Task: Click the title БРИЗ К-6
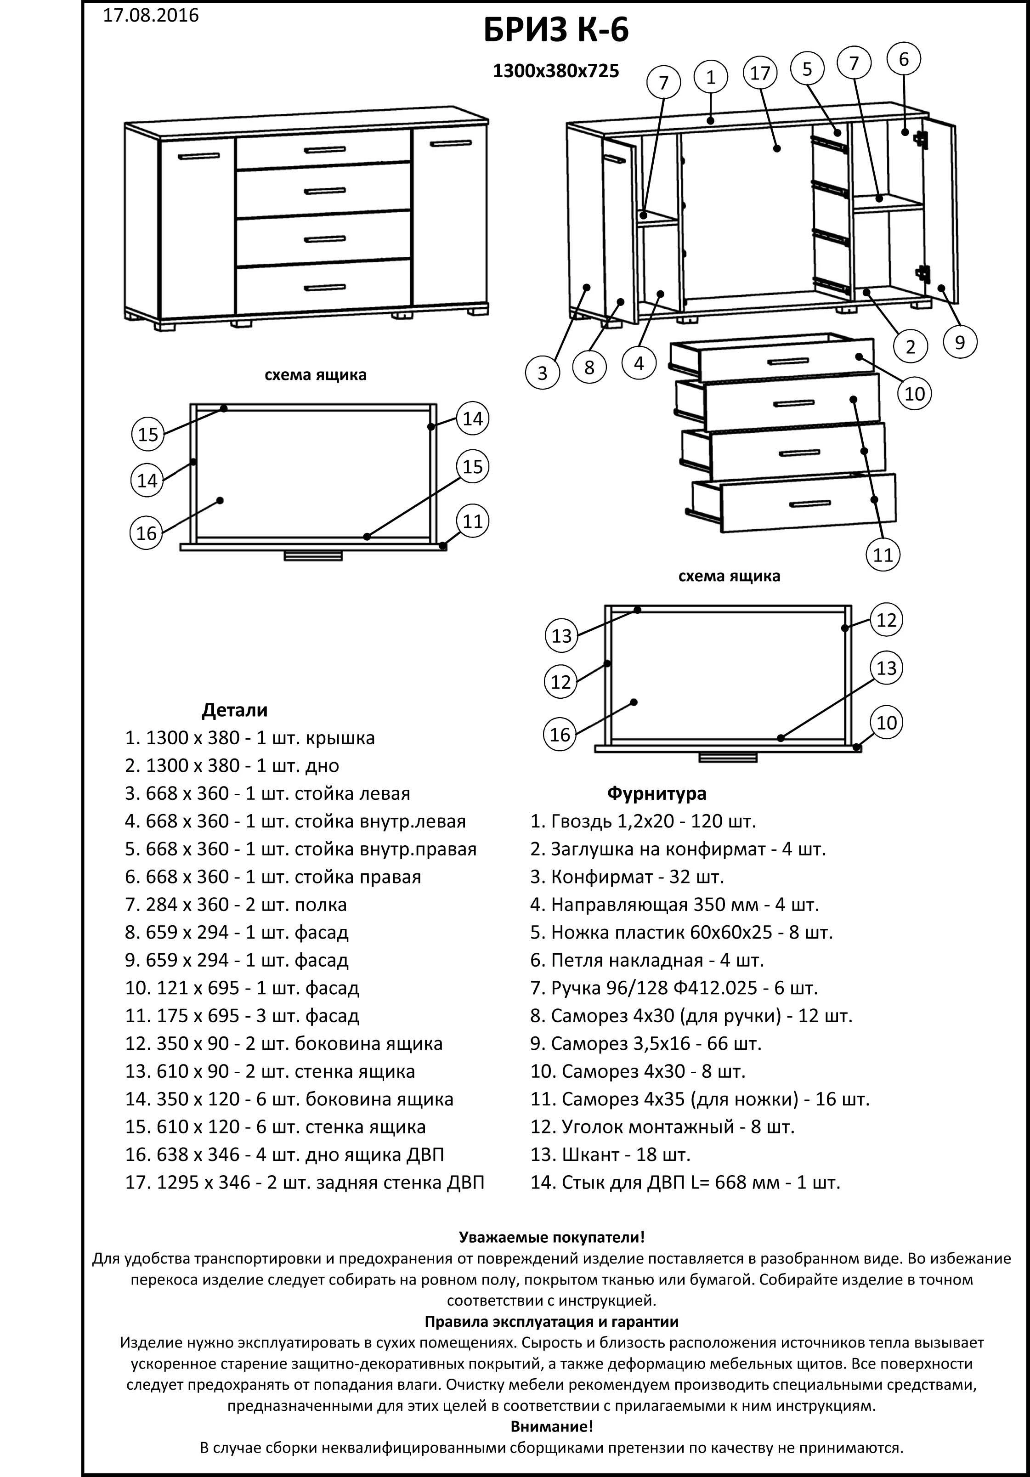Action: click(x=556, y=30)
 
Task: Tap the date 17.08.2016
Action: click(x=151, y=16)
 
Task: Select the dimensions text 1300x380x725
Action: click(x=556, y=71)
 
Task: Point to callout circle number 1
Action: click(x=711, y=78)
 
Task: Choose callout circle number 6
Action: click(x=903, y=59)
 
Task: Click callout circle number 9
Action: click(x=960, y=342)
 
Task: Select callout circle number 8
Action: click(x=589, y=368)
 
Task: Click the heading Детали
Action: click(x=234, y=710)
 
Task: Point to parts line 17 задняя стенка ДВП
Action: click(x=304, y=1183)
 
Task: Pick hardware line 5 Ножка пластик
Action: click(x=681, y=932)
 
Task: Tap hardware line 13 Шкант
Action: click(x=610, y=1154)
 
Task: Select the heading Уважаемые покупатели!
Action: click(x=551, y=1237)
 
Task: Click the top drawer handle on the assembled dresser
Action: click(x=325, y=150)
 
